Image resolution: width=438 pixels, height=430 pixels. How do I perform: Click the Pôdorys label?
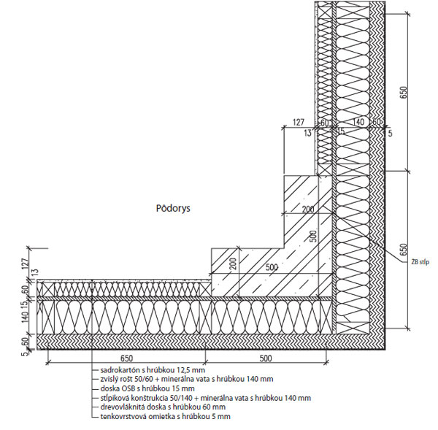coord(172,208)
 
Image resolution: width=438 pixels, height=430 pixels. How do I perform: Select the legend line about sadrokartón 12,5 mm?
coord(149,371)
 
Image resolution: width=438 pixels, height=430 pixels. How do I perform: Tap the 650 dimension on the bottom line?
coord(127,358)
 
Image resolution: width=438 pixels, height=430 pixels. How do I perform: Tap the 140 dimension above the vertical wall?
coord(358,123)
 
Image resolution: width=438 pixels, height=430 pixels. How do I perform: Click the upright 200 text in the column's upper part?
coord(307,210)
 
